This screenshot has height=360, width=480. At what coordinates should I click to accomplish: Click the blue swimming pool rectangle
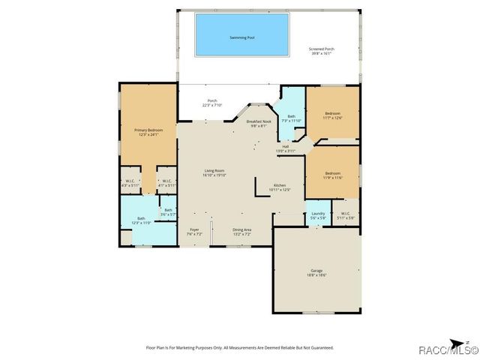(x=241, y=34)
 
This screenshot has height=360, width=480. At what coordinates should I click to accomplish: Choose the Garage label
(x=316, y=272)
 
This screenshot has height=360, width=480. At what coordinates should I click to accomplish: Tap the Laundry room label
(x=317, y=215)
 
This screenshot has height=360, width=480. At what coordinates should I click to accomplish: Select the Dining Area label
(x=241, y=232)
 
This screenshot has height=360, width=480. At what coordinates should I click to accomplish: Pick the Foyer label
(x=194, y=232)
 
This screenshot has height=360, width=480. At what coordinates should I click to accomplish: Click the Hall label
(x=286, y=148)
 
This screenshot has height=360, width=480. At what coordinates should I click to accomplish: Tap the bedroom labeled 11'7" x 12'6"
(x=332, y=115)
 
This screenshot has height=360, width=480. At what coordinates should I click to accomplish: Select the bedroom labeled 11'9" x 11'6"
(x=332, y=175)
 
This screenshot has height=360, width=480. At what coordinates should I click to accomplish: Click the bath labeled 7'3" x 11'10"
(x=292, y=118)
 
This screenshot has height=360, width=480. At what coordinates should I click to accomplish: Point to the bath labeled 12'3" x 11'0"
(x=141, y=220)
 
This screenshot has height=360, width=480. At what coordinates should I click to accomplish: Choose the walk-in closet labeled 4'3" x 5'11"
(x=130, y=183)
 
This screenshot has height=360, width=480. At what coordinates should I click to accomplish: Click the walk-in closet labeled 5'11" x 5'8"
(x=345, y=215)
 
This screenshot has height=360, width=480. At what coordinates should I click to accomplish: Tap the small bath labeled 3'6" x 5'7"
(x=169, y=212)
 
